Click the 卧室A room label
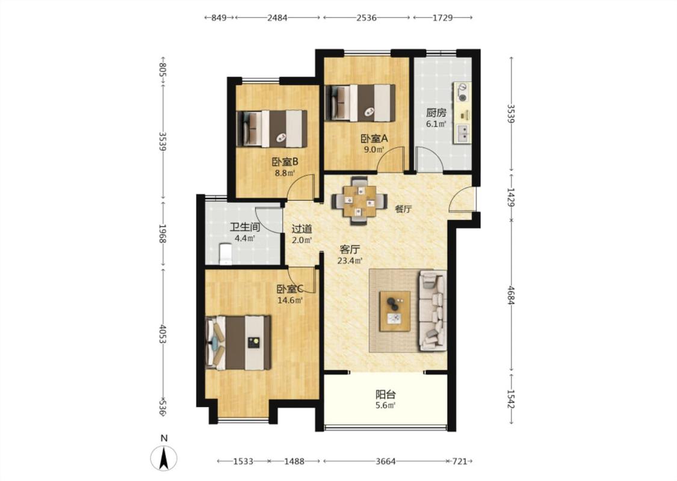(x=374, y=138)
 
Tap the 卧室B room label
(x=285, y=162)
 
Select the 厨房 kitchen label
(x=436, y=113)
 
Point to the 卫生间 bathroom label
(x=245, y=227)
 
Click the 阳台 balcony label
(x=386, y=394)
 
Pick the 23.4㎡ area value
(x=350, y=260)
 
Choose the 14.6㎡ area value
(x=289, y=300)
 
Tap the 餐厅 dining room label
(x=404, y=209)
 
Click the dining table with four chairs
(x=359, y=201)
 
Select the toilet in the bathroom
(x=226, y=254)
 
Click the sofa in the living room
(x=431, y=310)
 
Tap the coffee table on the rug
(x=395, y=311)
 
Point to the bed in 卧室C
(x=238, y=343)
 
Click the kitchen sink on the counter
(x=462, y=133)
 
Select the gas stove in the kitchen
(x=462, y=92)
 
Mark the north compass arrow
(x=164, y=458)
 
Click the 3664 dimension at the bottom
(x=386, y=461)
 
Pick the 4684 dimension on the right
(x=511, y=295)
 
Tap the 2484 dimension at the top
(x=277, y=17)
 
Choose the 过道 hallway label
(x=302, y=228)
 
